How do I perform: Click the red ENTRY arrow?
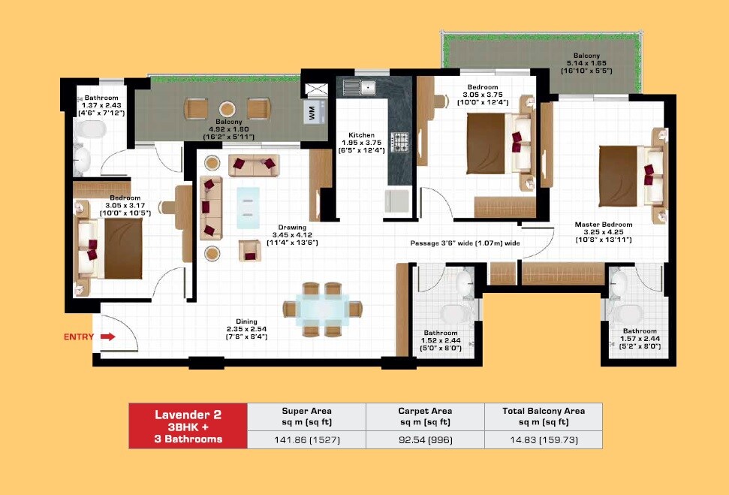click(x=107, y=337)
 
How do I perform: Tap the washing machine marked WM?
click(x=311, y=113)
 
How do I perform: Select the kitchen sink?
click(x=359, y=87)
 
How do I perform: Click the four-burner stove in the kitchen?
click(x=399, y=140)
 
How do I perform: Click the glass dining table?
click(x=321, y=308)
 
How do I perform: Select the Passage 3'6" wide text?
click(x=465, y=243)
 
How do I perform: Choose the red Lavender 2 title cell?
click(x=188, y=426)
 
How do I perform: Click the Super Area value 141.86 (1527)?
click(x=306, y=439)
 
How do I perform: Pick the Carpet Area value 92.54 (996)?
click(x=424, y=439)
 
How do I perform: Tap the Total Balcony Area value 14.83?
click(x=543, y=439)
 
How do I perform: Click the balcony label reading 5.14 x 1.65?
click(x=586, y=63)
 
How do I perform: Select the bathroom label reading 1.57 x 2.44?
click(x=640, y=339)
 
